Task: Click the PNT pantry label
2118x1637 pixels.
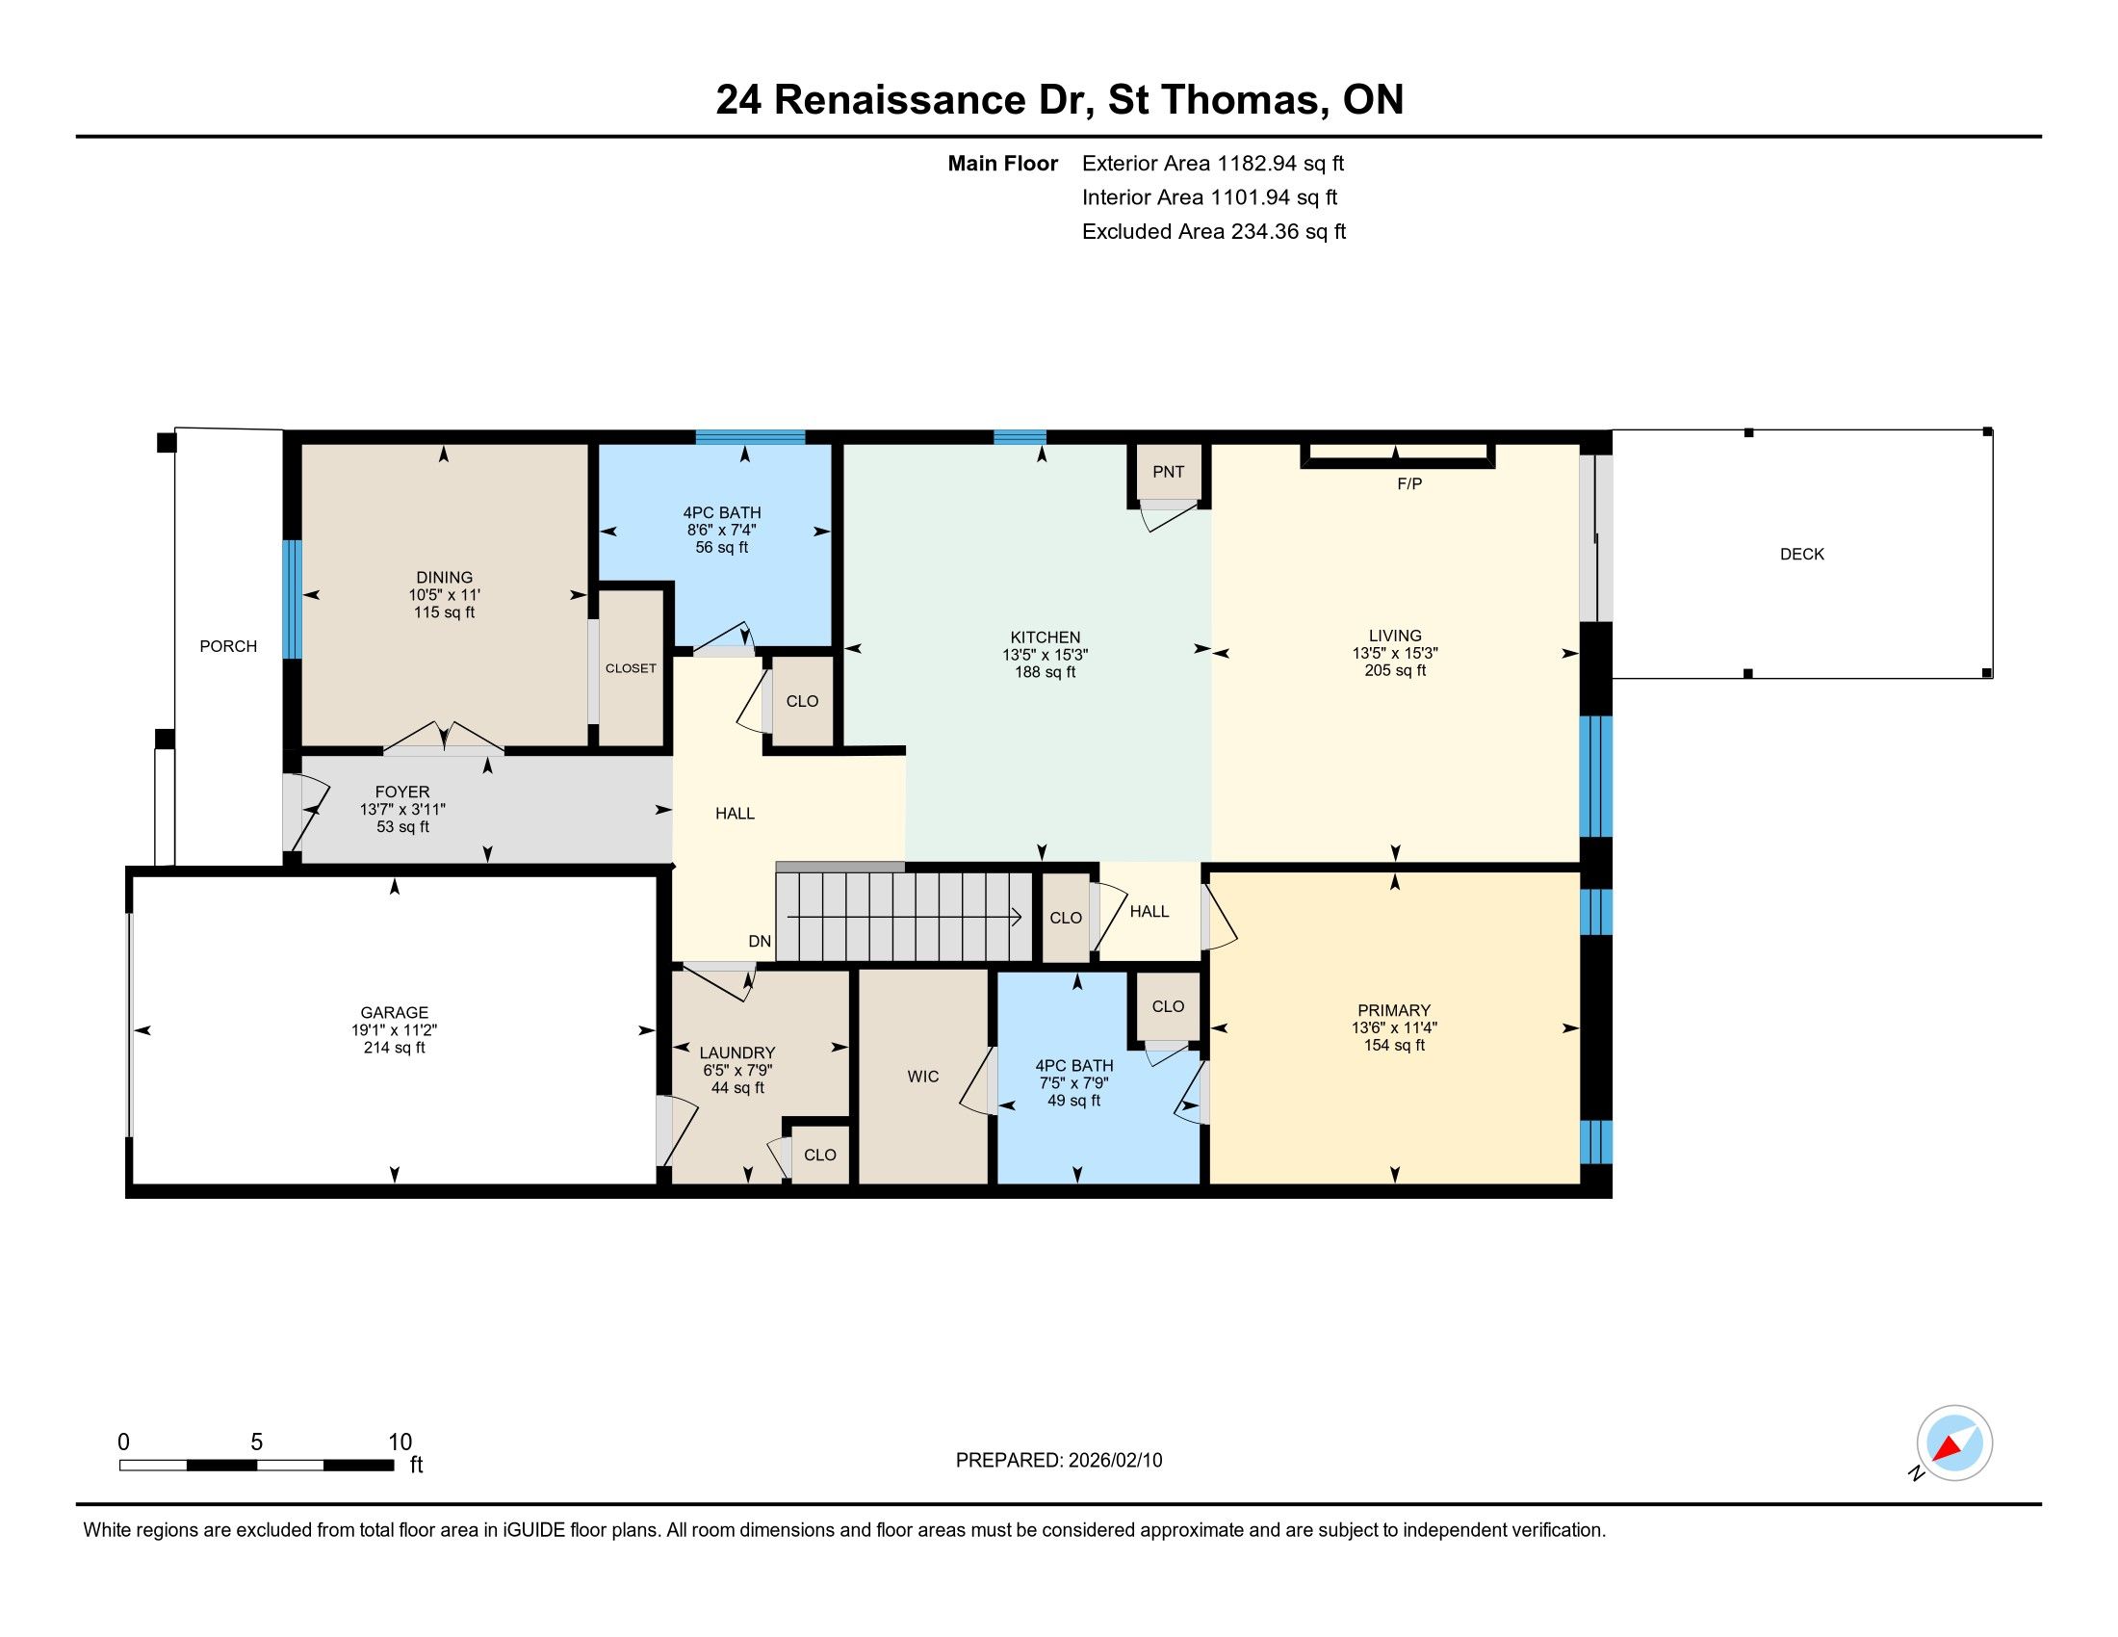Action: pyautogui.click(x=1168, y=472)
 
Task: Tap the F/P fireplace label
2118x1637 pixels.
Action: pyautogui.click(x=1409, y=484)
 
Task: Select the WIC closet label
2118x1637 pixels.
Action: pyautogui.click(x=922, y=1077)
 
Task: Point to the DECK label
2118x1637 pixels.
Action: pyautogui.click(x=1802, y=555)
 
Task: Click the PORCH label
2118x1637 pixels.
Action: pyautogui.click(x=228, y=647)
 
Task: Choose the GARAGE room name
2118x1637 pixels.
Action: pyautogui.click(x=394, y=1012)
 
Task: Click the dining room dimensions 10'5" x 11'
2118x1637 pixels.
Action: pyautogui.click(x=444, y=595)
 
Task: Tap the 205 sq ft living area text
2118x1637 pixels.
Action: pyautogui.click(x=1395, y=670)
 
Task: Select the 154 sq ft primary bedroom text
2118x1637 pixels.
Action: pyautogui.click(x=1394, y=1046)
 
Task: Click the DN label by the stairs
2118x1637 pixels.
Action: pyautogui.click(x=760, y=942)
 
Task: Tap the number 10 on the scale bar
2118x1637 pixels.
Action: pyautogui.click(x=400, y=1442)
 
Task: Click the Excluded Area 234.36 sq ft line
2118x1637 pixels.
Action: pyautogui.click(x=1213, y=232)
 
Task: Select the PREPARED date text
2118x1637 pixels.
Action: pyautogui.click(x=1058, y=1461)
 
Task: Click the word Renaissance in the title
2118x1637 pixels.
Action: pyautogui.click(x=900, y=100)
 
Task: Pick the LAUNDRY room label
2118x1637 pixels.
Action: pyautogui.click(x=737, y=1053)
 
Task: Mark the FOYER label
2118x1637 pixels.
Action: pyautogui.click(x=401, y=793)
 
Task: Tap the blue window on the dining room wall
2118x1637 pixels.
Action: pyautogui.click(x=292, y=599)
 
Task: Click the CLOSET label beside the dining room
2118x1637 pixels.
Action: pyautogui.click(x=631, y=669)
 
